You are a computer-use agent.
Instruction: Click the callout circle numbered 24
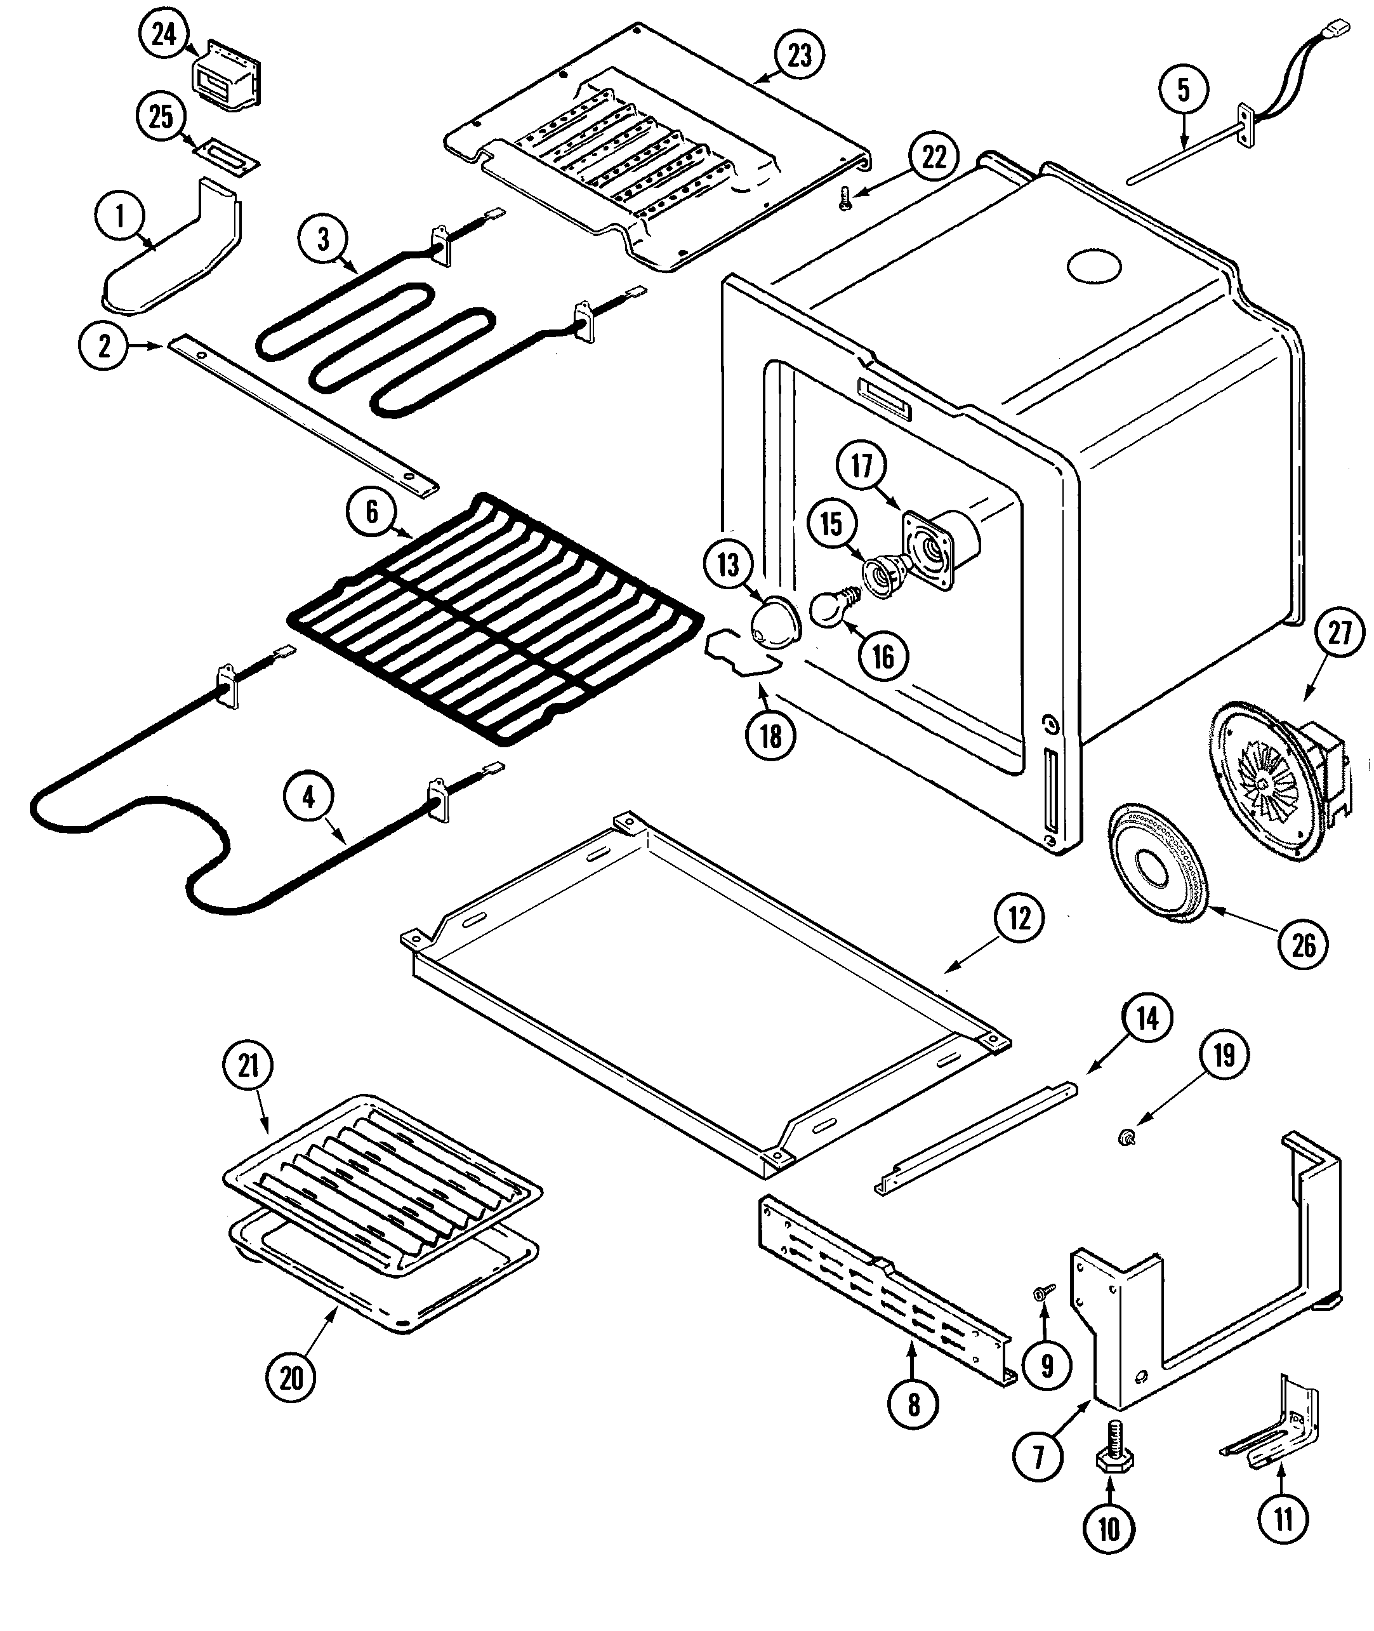click(164, 34)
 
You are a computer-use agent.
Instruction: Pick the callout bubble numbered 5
click(1183, 90)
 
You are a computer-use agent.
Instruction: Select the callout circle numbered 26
click(1303, 946)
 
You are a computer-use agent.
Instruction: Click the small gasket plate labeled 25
click(227, 153)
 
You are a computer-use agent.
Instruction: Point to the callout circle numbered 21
click(248, 1065)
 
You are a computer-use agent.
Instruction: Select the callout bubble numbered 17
click(861, 466)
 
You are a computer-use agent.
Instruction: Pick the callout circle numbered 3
click(323, 239)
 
